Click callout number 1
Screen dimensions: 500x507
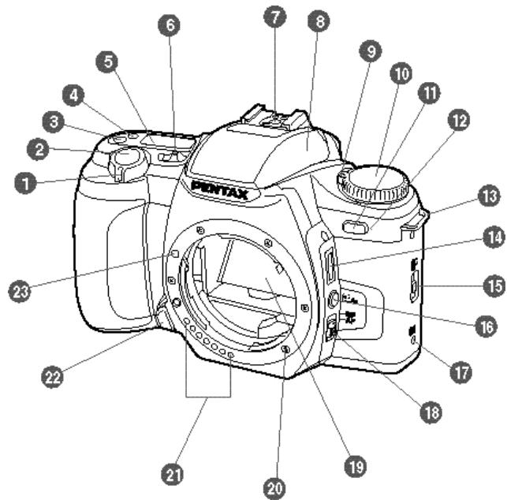pos(27,183)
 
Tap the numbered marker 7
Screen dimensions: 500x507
pos(275,17)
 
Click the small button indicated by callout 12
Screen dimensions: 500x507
pos(355,229)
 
